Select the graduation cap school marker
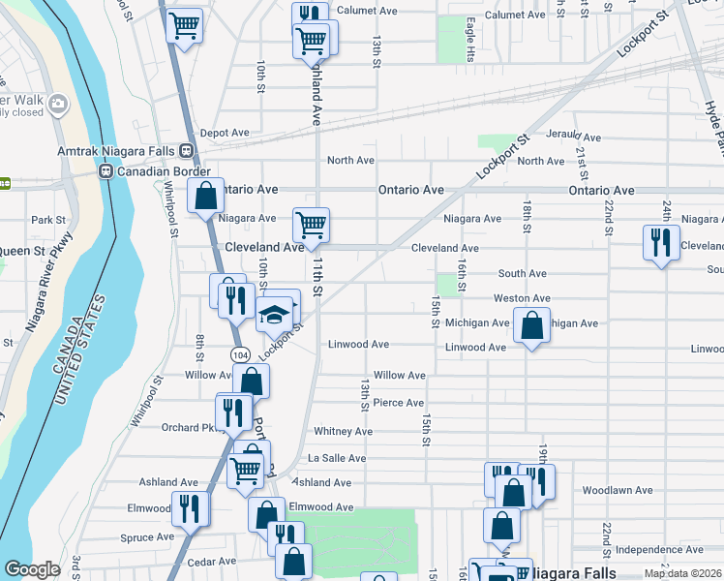click(x=274, y=314)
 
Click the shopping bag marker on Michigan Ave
click(x=531, y=326)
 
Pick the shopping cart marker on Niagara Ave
click(x=311, y=226)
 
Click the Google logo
click(x=32, y=569)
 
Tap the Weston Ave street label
click(x=522, y=298)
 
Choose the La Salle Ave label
click(x=337, y=458)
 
